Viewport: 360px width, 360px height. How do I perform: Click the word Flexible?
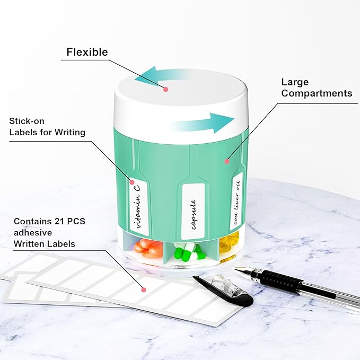(x=87, y=52)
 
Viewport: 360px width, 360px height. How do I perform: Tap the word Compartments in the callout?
(x=317, y=93)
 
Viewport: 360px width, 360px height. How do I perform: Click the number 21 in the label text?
(x=59, y=221)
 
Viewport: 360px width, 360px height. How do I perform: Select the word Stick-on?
(x=27, y=121)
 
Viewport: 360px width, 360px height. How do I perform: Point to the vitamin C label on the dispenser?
(x=138, y=207)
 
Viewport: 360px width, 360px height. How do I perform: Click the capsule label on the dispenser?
(x=194, y=211)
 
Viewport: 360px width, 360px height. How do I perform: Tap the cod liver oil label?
(x=236, y=202)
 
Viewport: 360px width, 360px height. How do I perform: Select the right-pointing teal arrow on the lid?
(x=202, y=124)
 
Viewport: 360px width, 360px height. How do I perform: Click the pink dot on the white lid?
(x=166, y=89)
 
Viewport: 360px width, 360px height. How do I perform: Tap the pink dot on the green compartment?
(x=227, y=161)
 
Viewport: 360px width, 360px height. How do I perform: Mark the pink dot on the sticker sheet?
(x=144, y=289)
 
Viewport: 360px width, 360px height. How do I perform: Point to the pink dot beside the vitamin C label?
(x=132, y=182)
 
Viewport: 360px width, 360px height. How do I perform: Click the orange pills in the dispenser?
(x=147, y=248)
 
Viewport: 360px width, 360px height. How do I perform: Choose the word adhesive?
(x=33, y=233)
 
